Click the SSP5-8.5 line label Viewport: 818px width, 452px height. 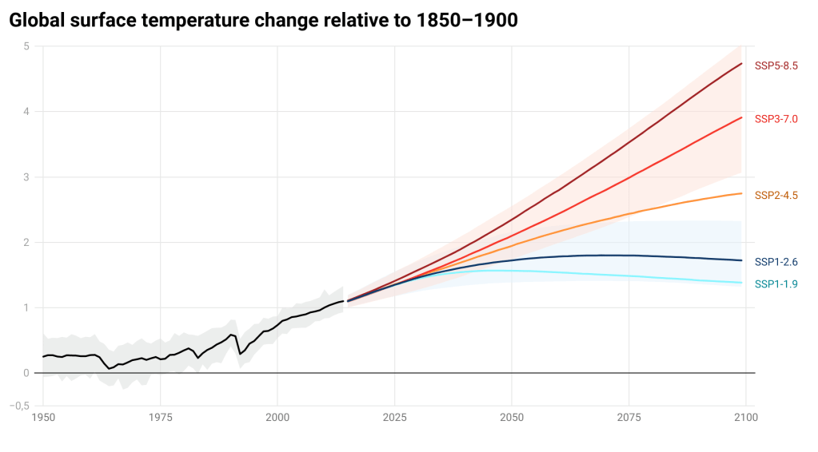pos(776,65)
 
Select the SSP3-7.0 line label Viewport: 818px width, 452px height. pos(776,119)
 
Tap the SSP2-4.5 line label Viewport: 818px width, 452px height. pos(776,196)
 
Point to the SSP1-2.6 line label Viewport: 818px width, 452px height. pos(776,262)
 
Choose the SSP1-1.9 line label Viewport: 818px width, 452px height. pos(776,284)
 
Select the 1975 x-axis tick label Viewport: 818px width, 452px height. pos(160,418)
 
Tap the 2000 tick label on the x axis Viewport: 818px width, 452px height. pos(277,418)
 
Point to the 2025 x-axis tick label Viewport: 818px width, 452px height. pos(394,418)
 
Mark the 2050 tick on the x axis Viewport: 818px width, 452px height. pos(512,418)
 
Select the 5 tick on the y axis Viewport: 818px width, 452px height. pos(26,46)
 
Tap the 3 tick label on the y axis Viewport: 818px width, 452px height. pos(26,177)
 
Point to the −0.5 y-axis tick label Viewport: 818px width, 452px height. pos(19,406)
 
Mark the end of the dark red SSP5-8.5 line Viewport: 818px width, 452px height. pos(742,64)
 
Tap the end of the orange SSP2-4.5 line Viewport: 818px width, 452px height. pos(742,193)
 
